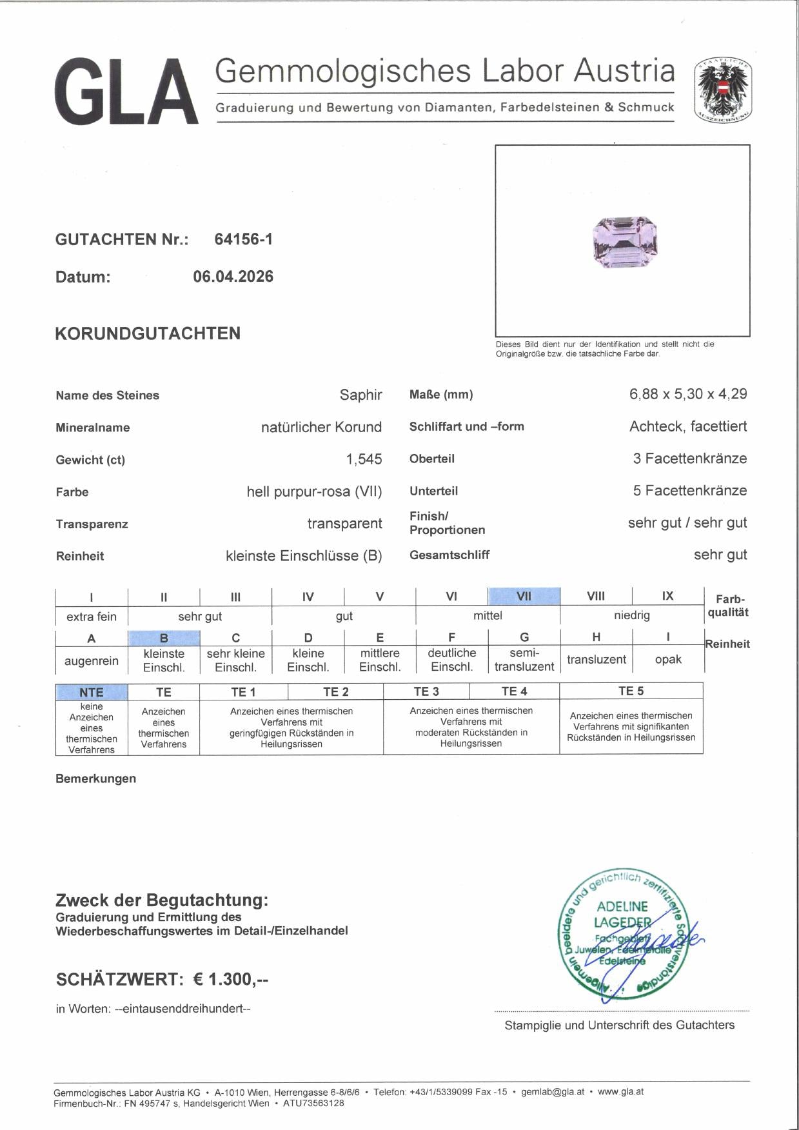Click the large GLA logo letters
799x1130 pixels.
click(126, 91)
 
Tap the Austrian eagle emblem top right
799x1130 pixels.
click(722, 91)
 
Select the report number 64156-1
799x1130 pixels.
click(243, 239)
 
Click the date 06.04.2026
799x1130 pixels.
click(233, 277)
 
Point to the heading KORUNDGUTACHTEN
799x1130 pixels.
click(148, 333)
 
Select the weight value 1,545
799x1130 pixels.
click(364, 459)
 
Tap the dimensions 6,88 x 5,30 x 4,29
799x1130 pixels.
click(687, 394)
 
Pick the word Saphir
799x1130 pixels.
click(360, 395)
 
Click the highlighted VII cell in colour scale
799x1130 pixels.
click(524, 597)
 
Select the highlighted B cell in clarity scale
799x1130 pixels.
click(164, 638)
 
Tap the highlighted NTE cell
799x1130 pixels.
click(92, 692)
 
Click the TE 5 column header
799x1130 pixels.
click(631, 691)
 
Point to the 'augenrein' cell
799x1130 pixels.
click(92, 660)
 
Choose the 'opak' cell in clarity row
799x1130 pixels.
click(667, 659)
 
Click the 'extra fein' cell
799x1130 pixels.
click(92, 616)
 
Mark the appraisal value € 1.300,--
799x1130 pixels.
click(230, 979)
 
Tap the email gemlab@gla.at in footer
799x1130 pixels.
click(552, 1092)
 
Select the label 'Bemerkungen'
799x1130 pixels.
click(95, 778)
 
